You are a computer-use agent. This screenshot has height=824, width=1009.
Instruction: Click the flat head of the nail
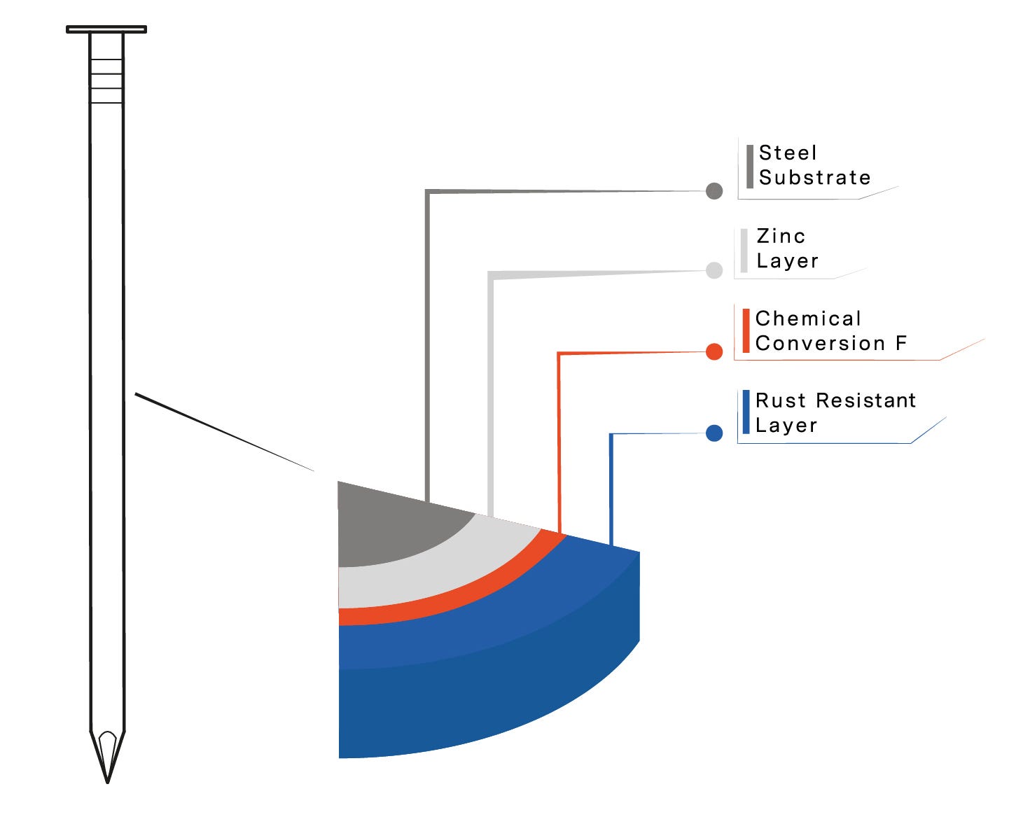click(x=106, y=29)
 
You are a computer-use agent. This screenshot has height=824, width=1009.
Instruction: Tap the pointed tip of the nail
click(x=108, y=783)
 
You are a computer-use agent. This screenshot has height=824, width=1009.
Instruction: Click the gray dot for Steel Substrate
click(x=714, y=191)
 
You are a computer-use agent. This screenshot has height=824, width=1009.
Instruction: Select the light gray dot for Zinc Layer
click(x=714, y=270)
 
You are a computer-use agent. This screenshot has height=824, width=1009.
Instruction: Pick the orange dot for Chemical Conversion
click(x=714, y=351)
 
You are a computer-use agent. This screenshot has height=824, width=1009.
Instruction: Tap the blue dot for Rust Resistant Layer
click(x=714, y=433)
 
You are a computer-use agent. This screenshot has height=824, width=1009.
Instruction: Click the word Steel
click(x=788, y=153)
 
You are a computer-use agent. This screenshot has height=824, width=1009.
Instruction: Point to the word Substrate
click(x=814, y=177)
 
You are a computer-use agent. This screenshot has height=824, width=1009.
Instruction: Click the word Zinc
click(x=781, y=236)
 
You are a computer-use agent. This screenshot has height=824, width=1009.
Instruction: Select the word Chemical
click(x=808, y=318)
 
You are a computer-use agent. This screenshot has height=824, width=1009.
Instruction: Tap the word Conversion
click(x=820, y=343)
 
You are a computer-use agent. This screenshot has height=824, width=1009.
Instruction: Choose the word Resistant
click(x=865, y=400)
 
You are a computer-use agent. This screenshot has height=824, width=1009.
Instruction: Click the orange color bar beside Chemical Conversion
click(x=746, y=331)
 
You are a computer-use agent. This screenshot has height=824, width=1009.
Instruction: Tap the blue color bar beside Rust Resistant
click(x=746, y=412)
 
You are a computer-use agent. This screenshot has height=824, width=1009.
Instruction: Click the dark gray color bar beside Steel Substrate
click(x=750, y=167)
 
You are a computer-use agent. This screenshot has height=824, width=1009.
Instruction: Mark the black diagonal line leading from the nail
click(x=224, y=432)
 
